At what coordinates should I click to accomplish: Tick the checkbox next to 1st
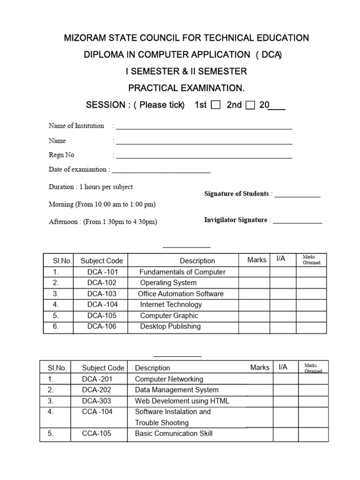pos(216,105)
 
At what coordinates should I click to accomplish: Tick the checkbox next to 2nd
pos(250,105)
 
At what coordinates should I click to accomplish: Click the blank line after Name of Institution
pos(204,127)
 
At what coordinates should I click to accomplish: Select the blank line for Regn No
pos(204,157)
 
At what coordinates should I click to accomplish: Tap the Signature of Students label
pos(237,194)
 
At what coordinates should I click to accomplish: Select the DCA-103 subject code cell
pos(102,294)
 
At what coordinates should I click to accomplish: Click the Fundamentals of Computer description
pos(182,272)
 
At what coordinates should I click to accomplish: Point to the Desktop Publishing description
pos(170,326)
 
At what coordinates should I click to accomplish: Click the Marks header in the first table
pos(256,260)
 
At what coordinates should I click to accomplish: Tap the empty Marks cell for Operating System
pos(254,283)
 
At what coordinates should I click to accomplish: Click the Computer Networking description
pos(169,379)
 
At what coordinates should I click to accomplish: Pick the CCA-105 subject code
pos(97,434)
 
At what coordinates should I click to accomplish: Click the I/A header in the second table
pos(283,367)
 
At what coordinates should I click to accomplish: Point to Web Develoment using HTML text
pos(182,401)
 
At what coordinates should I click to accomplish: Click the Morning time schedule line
pos(102,204)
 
